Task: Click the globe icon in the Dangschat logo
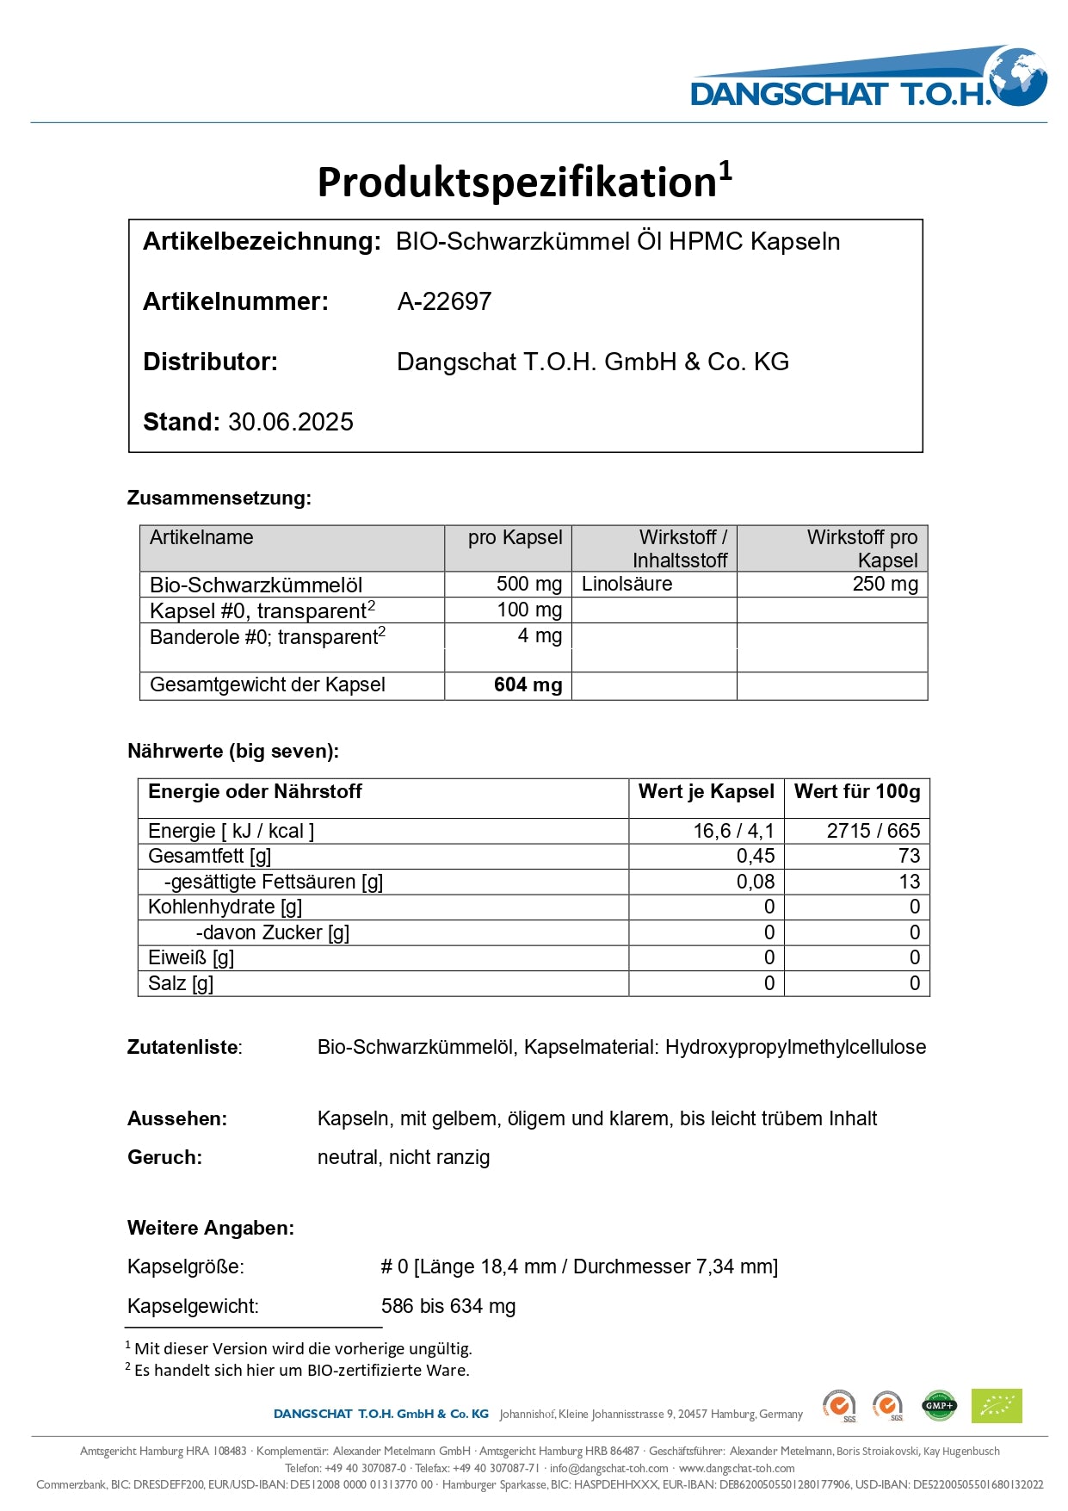coord(1018,76)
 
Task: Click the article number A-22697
coord(444,301)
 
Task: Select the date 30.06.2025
coord(291,422)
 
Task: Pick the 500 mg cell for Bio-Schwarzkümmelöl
coord(528,584)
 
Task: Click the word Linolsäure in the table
coord(627,584)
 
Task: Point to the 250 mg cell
coord(885,584)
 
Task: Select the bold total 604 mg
coord(528,685)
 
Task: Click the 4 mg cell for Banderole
coord(540,636)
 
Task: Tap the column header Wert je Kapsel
coord(706,792)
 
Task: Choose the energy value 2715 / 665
coord(873,831)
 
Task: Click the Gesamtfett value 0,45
coord(755,856)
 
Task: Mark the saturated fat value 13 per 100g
coord(909,882)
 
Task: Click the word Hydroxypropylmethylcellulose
coord(795,1047)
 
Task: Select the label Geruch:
coord(164,1157)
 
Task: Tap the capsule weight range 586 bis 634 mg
coord(448,1306)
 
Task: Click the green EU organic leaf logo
coord(996,1406)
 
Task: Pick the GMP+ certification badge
coord(939,1406)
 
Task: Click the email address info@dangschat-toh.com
coord(608,1468)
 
